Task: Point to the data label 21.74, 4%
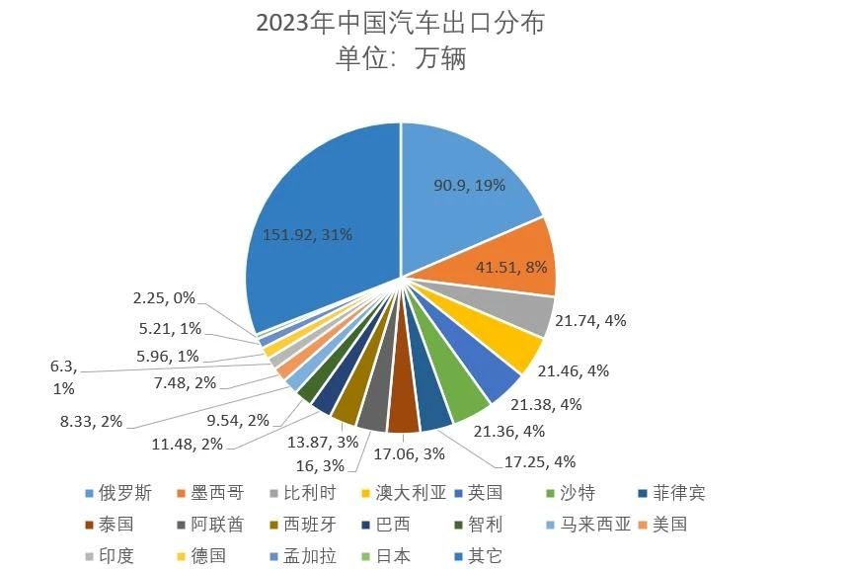(x=590, y=320)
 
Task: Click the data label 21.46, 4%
(x=573, y=371)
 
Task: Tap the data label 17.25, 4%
(x=540, y=461)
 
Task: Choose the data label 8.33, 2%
(x=91, y=421)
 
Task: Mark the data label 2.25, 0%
(x=164, y=296)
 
